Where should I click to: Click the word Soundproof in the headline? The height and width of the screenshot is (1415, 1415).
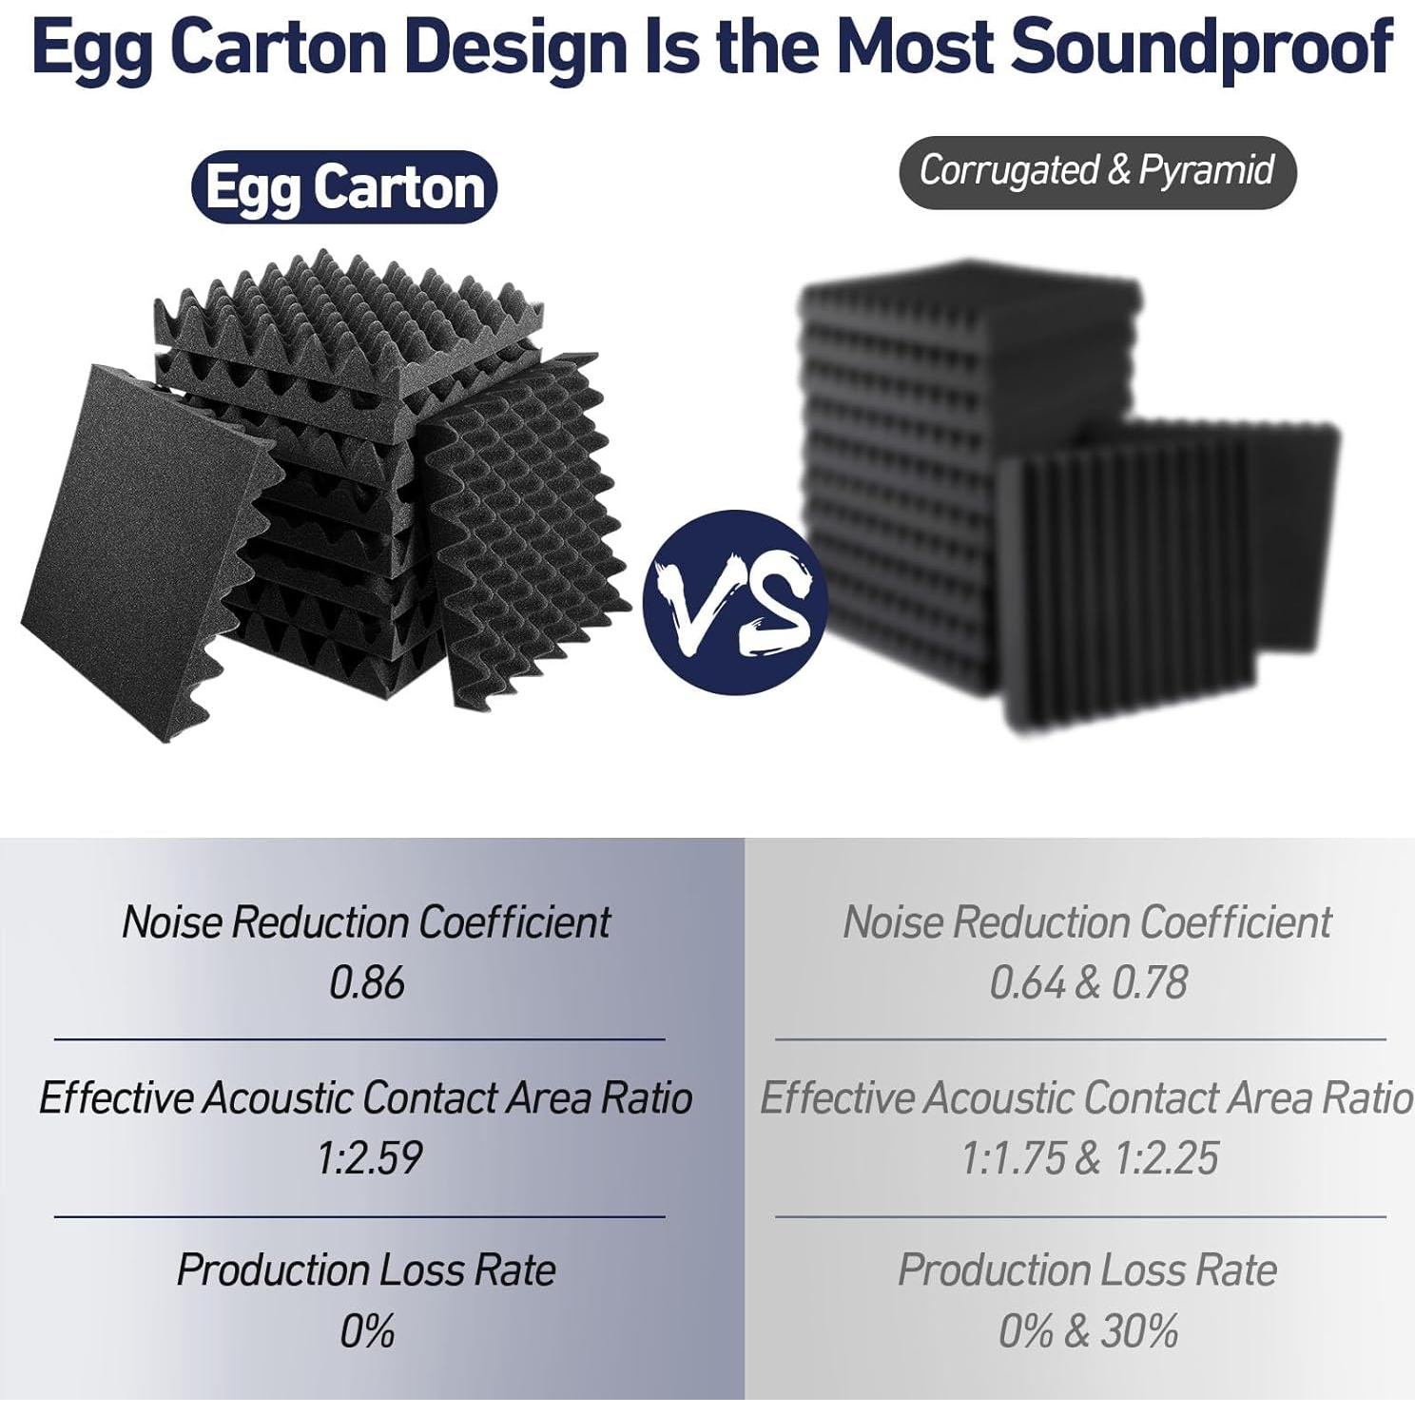(x=1201, y=47)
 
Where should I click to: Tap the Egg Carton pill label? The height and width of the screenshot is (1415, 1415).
(x=344, y=187)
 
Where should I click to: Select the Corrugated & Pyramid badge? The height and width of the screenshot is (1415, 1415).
(x=1097, y=172)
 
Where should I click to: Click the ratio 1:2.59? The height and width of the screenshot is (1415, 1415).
(x=369, y=1158)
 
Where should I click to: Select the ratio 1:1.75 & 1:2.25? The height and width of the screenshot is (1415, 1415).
(x=1089, y=1158)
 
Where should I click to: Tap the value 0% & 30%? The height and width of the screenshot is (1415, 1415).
(x=1088, y=1331)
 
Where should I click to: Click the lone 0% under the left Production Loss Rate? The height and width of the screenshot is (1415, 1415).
(x=367, y=1331)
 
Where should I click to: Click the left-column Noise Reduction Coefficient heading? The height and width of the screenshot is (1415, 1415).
(x=366, y=922)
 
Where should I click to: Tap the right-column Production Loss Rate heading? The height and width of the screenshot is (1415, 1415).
(x=1088, y=1270)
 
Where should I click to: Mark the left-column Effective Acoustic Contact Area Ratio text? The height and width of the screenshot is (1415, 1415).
(x=366, y=1098)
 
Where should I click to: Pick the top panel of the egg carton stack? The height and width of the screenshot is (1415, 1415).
(x=350, y=319)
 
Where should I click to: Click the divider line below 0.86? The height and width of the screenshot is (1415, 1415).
(x=359, y=1040)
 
